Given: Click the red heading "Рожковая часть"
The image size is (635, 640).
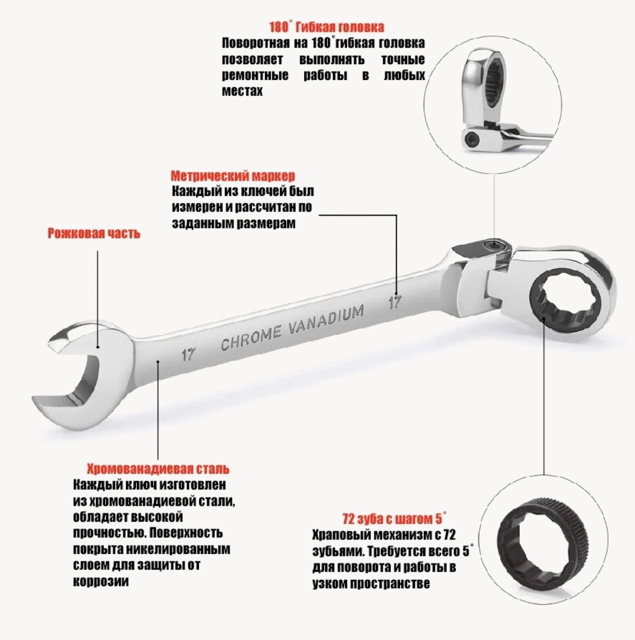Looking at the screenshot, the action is (x=94, y=234).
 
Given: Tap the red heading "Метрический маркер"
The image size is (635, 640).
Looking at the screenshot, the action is (x=232, y=176).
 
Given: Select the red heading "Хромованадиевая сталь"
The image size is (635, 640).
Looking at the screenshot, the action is (x=158, y=469).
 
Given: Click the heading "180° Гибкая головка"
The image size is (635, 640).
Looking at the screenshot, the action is (x=326, y=27).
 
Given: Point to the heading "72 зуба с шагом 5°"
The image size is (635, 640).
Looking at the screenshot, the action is (x=394, y=520).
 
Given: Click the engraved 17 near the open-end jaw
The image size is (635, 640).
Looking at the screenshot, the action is (x=188, y=354).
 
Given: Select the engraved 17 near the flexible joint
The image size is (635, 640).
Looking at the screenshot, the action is (x=395, y=303).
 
